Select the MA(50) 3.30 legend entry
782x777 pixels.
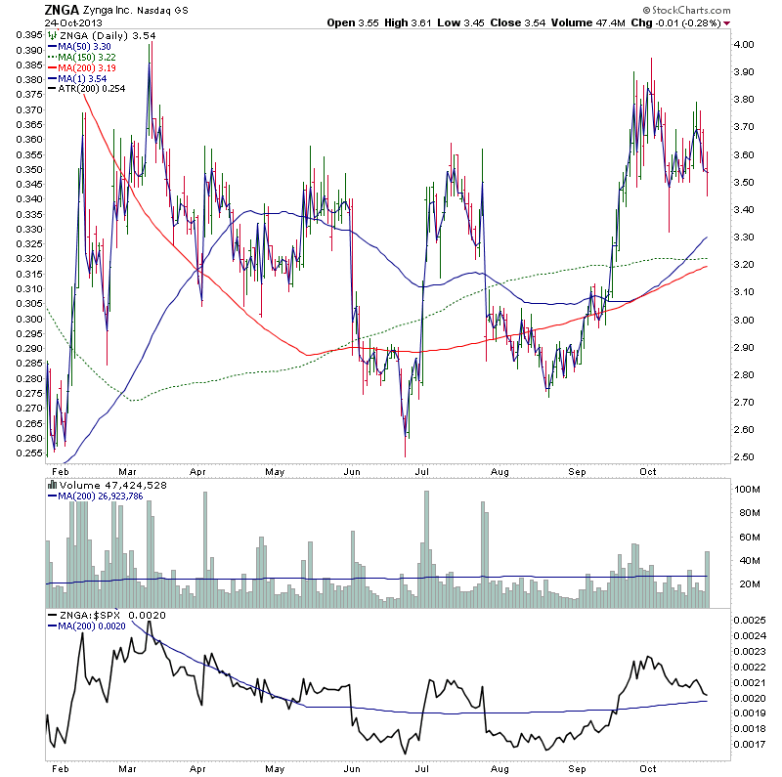(82, 45)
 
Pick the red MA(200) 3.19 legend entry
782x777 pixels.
(86, 70)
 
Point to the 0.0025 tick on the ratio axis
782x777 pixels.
(753, 621)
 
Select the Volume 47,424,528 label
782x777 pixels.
(107, 483)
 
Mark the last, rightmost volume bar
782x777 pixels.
(708, 580)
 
